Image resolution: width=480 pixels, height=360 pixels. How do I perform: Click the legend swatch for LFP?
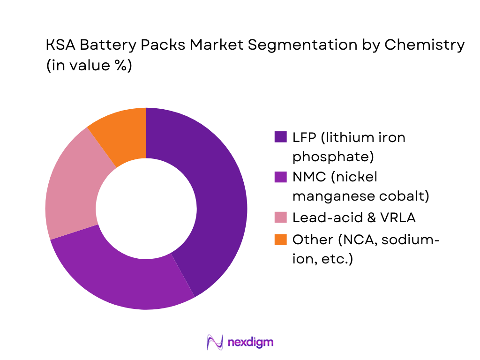(x=280, y=137)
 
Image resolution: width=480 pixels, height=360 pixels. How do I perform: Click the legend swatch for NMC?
(x=280, y=177)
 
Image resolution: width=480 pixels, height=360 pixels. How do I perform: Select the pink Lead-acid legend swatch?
(x=280, y=217)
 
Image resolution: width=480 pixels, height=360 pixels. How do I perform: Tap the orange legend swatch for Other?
(x=280, y=240)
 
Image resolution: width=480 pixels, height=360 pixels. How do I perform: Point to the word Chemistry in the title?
(x=425, y=45)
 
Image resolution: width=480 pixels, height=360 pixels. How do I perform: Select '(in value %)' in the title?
(x=89, y=66)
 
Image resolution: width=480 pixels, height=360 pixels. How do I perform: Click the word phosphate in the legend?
(x=333, y=155)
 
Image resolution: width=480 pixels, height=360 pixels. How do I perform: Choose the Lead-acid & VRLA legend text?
(x=354, y=217)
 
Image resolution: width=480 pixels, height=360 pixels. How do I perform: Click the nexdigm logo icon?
(x=215, y=342)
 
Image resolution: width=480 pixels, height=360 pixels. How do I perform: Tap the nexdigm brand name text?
(x=250, y=342)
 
